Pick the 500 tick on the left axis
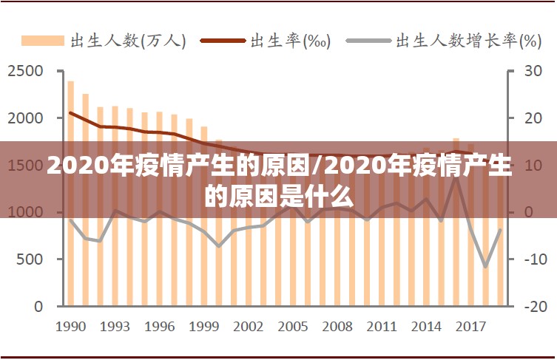tap(30, 259)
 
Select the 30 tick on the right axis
tap(533, 71)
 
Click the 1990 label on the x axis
tap(71, 326)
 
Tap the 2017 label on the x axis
tap(470, 326)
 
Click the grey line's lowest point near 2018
tap(485, 267)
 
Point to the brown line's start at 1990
tap(71, 113)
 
